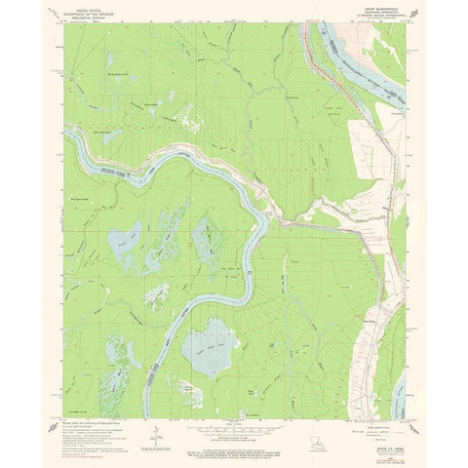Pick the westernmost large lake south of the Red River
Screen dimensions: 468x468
point(127,240)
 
